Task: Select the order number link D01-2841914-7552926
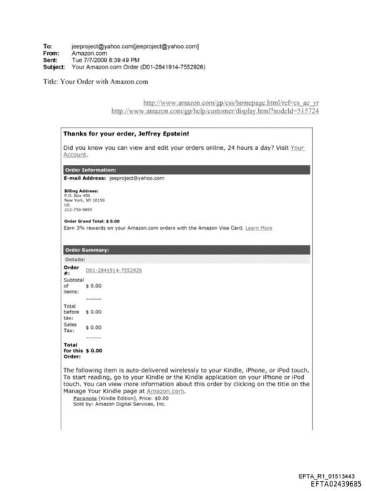point(114,270)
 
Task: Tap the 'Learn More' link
point(259,228)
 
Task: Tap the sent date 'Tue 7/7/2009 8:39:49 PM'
point(106,60)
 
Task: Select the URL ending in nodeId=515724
point(215,111)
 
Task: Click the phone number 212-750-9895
point(78,210)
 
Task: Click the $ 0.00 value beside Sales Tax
point(93,328)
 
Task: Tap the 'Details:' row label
point(74,260)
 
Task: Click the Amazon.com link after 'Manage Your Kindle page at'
point(167,391)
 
